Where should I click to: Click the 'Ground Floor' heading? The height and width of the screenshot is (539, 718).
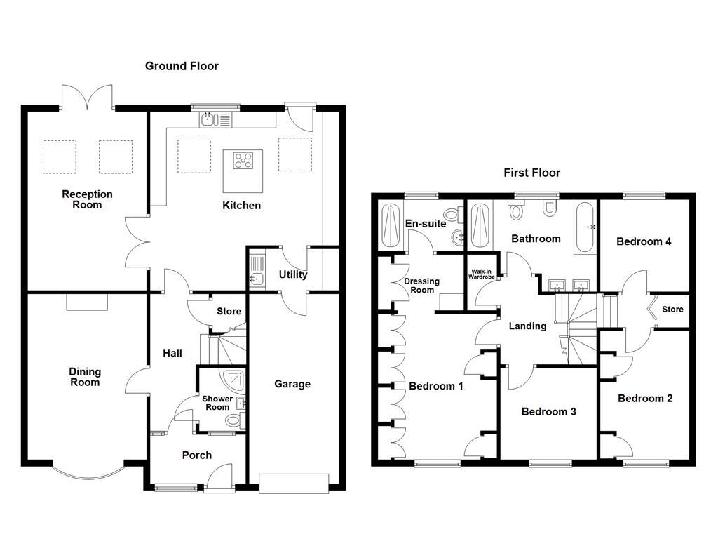(x=182, y=66)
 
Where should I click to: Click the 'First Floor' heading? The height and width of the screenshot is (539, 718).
(x=531, y=173)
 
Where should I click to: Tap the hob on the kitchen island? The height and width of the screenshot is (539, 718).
(x=243, y=161)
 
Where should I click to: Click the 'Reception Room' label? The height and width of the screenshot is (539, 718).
(x=87, y=199)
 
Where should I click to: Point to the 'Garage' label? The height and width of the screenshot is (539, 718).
(x=292, y=384)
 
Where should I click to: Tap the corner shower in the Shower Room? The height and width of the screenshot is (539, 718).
(x=231, y=380)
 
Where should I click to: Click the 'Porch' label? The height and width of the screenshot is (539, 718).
(x=197, y=455)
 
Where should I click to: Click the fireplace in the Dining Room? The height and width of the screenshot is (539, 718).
(x=88, y=302)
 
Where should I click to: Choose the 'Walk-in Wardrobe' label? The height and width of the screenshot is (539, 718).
(x=482, y=274)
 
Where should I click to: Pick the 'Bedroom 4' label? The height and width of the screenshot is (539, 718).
(x=644, y=241)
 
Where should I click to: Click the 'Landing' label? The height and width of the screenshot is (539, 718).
(x=527, y=326)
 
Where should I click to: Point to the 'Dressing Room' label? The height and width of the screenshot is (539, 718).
(x=421, y=286)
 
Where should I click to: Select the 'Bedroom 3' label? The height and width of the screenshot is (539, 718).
(x=548, y=411)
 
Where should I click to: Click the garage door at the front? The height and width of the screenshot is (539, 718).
(x=293, y=483)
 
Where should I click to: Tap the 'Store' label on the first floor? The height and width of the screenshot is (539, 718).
(x=672, y=310)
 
